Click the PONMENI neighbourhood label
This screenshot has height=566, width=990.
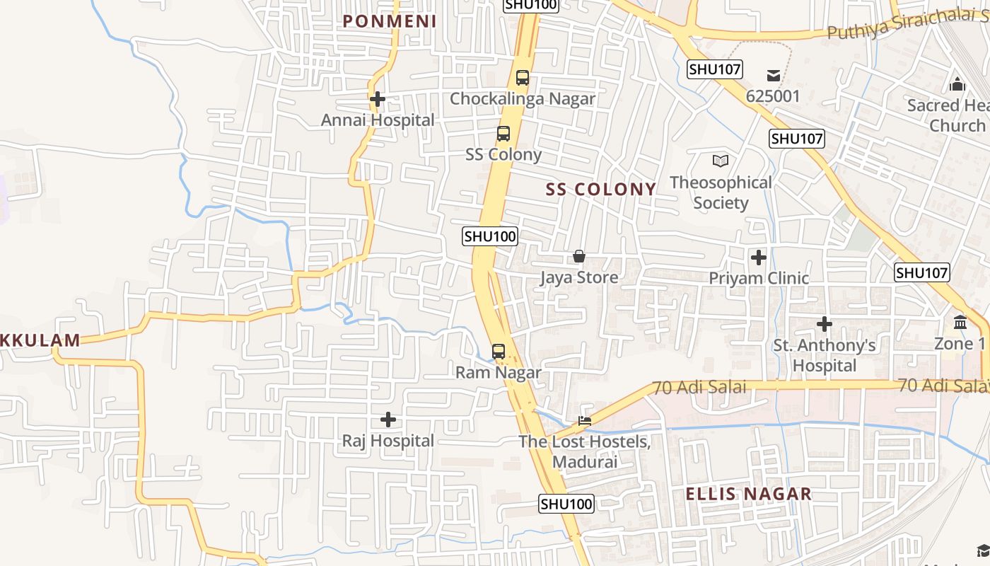[x=390, y=21]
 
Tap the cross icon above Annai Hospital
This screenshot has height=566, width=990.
[x=378, y=99]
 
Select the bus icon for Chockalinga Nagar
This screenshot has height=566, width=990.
[x=523, y=78]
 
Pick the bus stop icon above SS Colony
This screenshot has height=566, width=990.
[x=503, y=134]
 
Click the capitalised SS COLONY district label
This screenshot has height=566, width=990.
[x=601, y=189]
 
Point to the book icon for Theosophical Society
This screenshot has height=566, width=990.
[x=721, y=161]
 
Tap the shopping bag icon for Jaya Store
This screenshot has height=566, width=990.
[x=579, y=256]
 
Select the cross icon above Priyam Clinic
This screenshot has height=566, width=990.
[x=759, y=258]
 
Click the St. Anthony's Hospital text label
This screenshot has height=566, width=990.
[x=825, y=355]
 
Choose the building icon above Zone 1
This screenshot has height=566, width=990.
[x=960, y=323]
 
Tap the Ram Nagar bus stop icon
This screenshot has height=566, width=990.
[x=499, y=352]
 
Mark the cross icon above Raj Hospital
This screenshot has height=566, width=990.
[x=388, y=420]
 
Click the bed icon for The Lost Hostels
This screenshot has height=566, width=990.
[x=585, y=420]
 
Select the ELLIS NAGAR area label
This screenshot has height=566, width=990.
[x=749, y=494]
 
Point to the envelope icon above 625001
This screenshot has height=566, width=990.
[x=773, y=76]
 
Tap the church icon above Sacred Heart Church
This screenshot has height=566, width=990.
[x=957, y=84]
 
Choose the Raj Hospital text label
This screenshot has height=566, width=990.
[x=388, y=441]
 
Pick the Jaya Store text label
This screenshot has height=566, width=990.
[x=579, y=277]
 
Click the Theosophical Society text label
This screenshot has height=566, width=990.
[x=721, y=192]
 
